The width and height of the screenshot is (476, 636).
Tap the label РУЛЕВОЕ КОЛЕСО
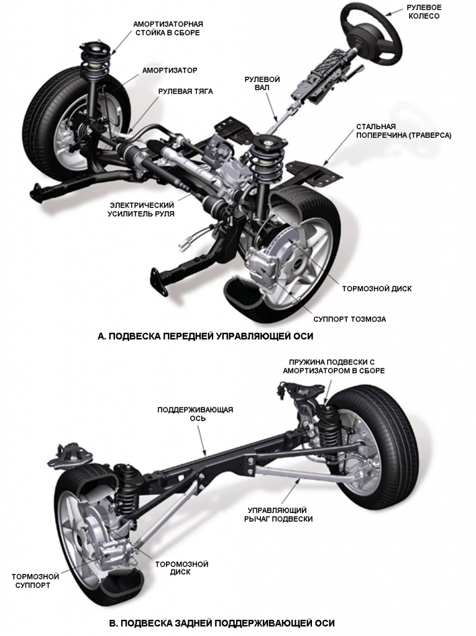coord(423,12)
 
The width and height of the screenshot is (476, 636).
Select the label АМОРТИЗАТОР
coord(170,70)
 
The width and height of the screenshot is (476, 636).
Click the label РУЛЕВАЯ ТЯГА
coord(185,91)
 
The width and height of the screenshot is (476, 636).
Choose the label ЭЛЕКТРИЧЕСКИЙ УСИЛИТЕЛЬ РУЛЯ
coord(142,209)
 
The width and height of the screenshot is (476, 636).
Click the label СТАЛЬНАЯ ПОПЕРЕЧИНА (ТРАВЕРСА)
coord(403,131)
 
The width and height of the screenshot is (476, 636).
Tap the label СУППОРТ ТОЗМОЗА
coord(357,319)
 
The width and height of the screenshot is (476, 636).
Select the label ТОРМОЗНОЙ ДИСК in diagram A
coord(377,289)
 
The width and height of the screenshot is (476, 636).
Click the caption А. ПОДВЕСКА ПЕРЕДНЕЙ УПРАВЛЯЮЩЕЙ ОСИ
coord(206,336)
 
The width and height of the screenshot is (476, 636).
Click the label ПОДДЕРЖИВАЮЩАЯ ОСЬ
coord(195,414)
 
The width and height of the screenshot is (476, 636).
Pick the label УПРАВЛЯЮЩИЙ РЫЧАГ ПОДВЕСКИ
coord(280,514)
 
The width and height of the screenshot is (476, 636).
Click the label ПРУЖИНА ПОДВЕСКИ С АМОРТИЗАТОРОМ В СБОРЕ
coord(334,366)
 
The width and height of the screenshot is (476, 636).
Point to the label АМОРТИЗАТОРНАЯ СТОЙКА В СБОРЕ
coord(168,28)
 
